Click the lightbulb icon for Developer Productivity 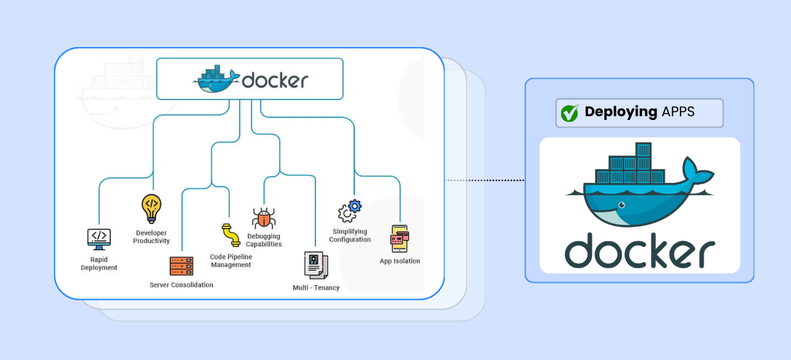tap(151, 209)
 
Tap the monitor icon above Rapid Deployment tap(99, 239)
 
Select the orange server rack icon tap(182, 266)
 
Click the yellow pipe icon tap(231, 235)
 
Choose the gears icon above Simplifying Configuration tap(350, 210)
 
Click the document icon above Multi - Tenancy tap(315, 265)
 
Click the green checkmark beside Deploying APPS tap(569, 113)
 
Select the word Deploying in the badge tap(621, 112)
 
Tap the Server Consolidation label tap(181, 285)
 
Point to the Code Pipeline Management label tap(231, 261)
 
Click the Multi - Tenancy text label tap(316, 288)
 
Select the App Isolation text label tap(400, 261)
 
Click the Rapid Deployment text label tap(99, 263)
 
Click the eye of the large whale tap(621, 205)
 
